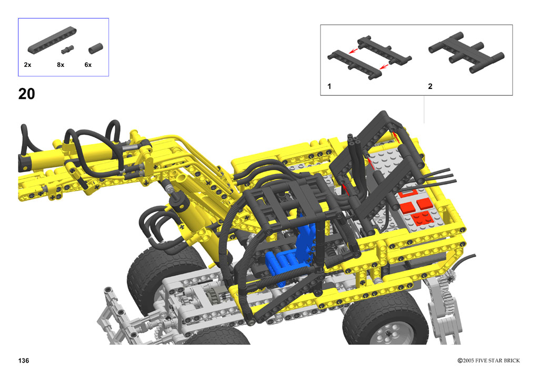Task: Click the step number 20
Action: pyautogui.click(x=26, y=94)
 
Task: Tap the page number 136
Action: pyautogui.click(x=24, y=360)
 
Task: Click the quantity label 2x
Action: pyautogui.click(x=27, y=65)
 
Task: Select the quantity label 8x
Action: pyautogui.click(x=61, y=65)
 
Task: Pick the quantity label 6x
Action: pyautogui.click(x=88, y=65)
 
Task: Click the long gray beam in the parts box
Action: pyautogui.click(x=52, y=40)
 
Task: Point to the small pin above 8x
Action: pyautogui.click(x=67, y=50)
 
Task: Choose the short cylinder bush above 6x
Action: pyautogui.click(x=96, y=48)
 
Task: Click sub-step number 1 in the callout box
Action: pyautogui.click(x=330, y=86)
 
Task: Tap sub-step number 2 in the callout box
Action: pyautogui.click(x=430, y=86)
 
